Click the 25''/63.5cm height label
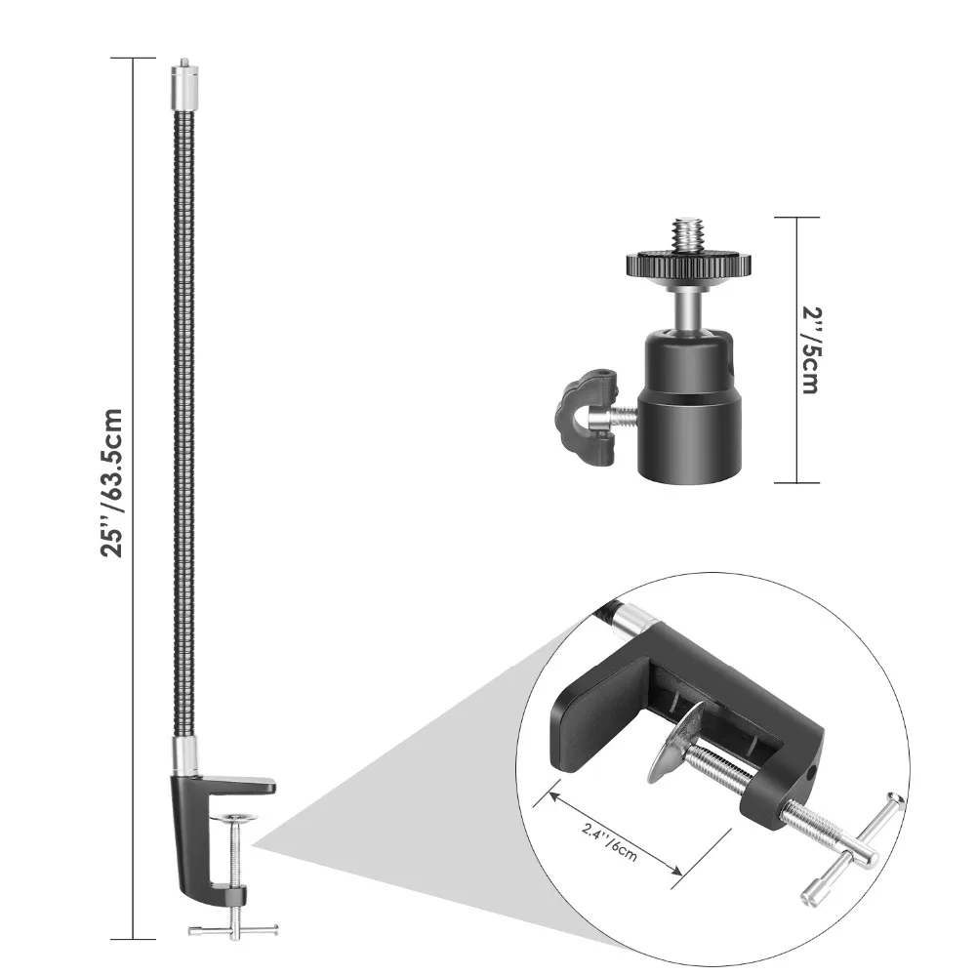114,482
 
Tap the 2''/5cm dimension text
808,348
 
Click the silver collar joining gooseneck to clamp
182,753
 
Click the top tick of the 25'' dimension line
133,59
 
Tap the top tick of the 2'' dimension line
797,217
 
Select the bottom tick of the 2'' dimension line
797,482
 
